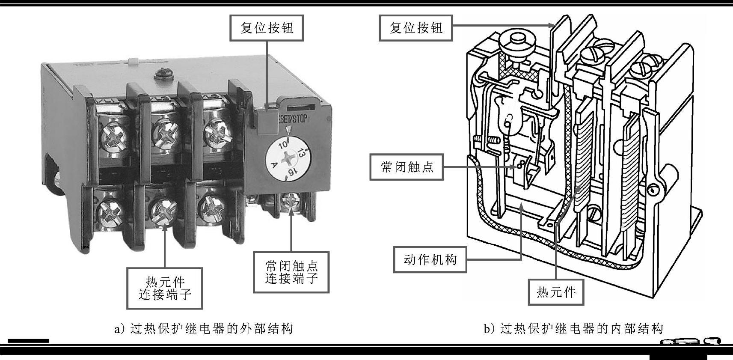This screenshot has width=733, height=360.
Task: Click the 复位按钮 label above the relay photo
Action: click(267, 28)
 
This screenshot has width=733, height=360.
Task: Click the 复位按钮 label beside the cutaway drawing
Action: click(415, 28)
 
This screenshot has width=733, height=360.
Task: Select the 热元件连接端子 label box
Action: click(165, 288)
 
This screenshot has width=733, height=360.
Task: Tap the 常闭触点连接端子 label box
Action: click(291, 272)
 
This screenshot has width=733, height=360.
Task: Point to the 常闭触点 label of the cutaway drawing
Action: click(407, 167)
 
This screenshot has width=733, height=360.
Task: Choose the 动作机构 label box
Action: click(430, 259)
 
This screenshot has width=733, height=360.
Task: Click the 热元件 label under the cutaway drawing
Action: click(556, 292)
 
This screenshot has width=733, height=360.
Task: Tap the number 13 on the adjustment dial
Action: click(301, 152)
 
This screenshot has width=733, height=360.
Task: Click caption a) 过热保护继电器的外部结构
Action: click(204, 329)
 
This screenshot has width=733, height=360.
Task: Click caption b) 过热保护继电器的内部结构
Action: click(573, 329)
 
